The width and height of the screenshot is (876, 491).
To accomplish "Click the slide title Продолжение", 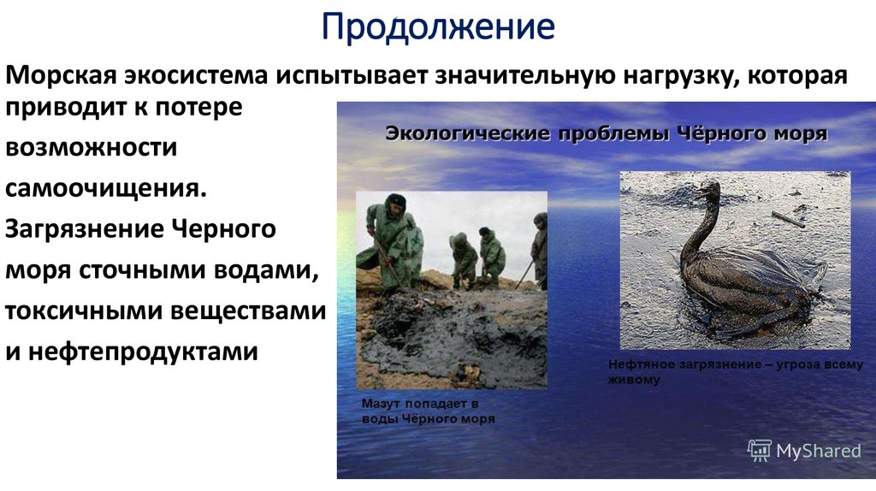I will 438,27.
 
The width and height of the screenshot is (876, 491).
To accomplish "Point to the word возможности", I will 92,147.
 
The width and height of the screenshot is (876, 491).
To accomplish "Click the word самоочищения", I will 106,187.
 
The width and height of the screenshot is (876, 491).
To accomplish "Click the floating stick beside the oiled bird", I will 787,219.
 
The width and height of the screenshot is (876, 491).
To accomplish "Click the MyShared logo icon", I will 759,450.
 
